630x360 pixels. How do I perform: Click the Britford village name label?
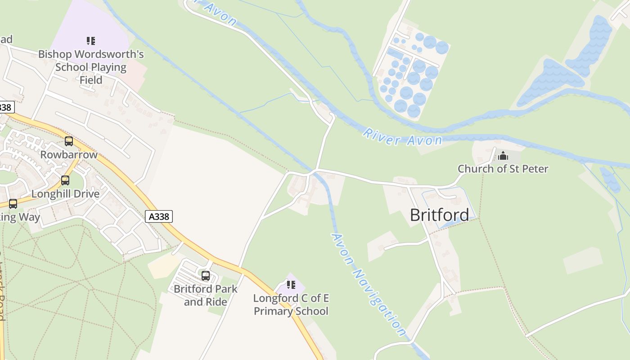click(x=439, y=215)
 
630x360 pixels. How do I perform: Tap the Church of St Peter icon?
click(x=503, y=156)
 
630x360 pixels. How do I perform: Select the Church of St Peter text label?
click(x=503, y=169)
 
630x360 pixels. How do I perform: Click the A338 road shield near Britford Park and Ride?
click(x=159, y=216)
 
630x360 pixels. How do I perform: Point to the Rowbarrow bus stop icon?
click(x=69, y=141)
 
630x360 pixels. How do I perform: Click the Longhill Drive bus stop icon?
click(x=65, y=180)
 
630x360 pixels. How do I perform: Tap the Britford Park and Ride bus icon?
click(x=206, y=276)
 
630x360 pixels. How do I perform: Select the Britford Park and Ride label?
click(x=206, y=295)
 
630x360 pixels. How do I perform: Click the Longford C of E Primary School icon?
click(x=291, y=285)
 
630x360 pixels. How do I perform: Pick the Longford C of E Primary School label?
click(x=291, y=305)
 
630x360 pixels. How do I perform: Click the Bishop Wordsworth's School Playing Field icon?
click(x=91, y=41)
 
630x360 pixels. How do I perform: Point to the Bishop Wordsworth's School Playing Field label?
click(x=91, y=67)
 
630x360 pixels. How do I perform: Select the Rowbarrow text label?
click(x=69, y=155)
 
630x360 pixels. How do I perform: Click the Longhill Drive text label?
click(x=65, y=194)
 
